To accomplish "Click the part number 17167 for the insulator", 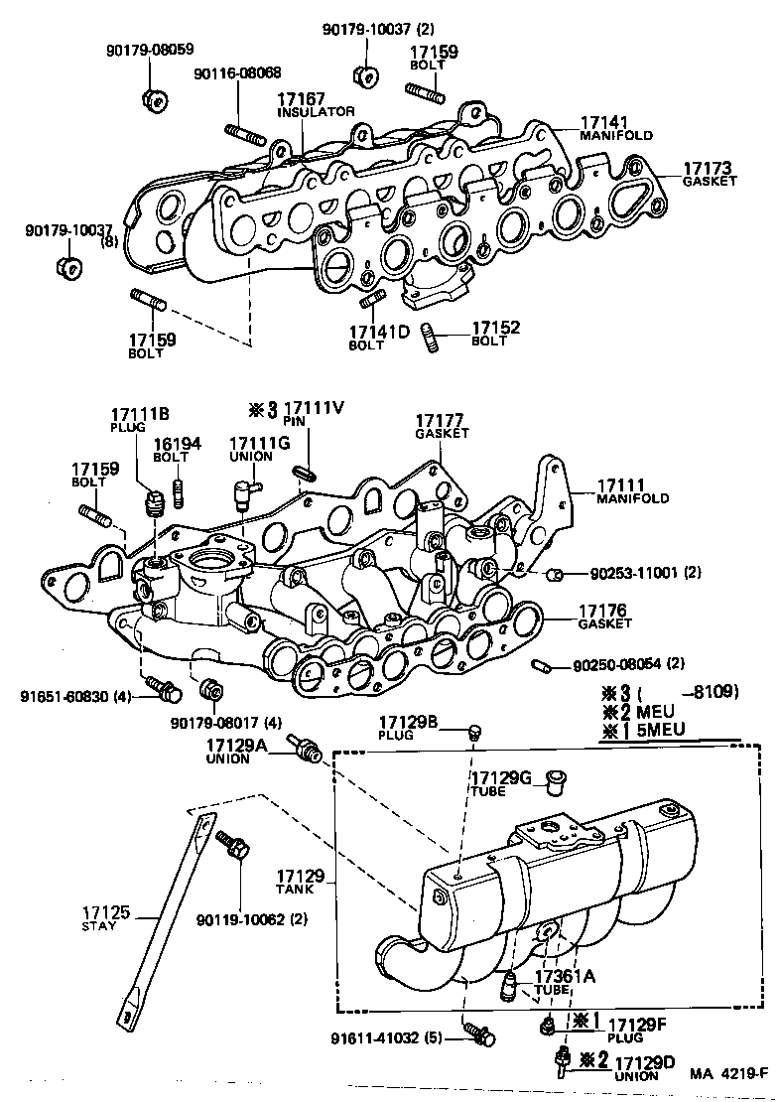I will pyautogui.click(x=302, y=99).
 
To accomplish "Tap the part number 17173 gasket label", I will pyautogui.click(x=707, y=168).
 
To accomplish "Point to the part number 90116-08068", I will pyautogui.click(x=237, y=73).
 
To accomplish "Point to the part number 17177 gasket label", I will pyautogui.click(x=442, y=421).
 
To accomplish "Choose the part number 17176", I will pyautogui.click(x=604, y=611).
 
